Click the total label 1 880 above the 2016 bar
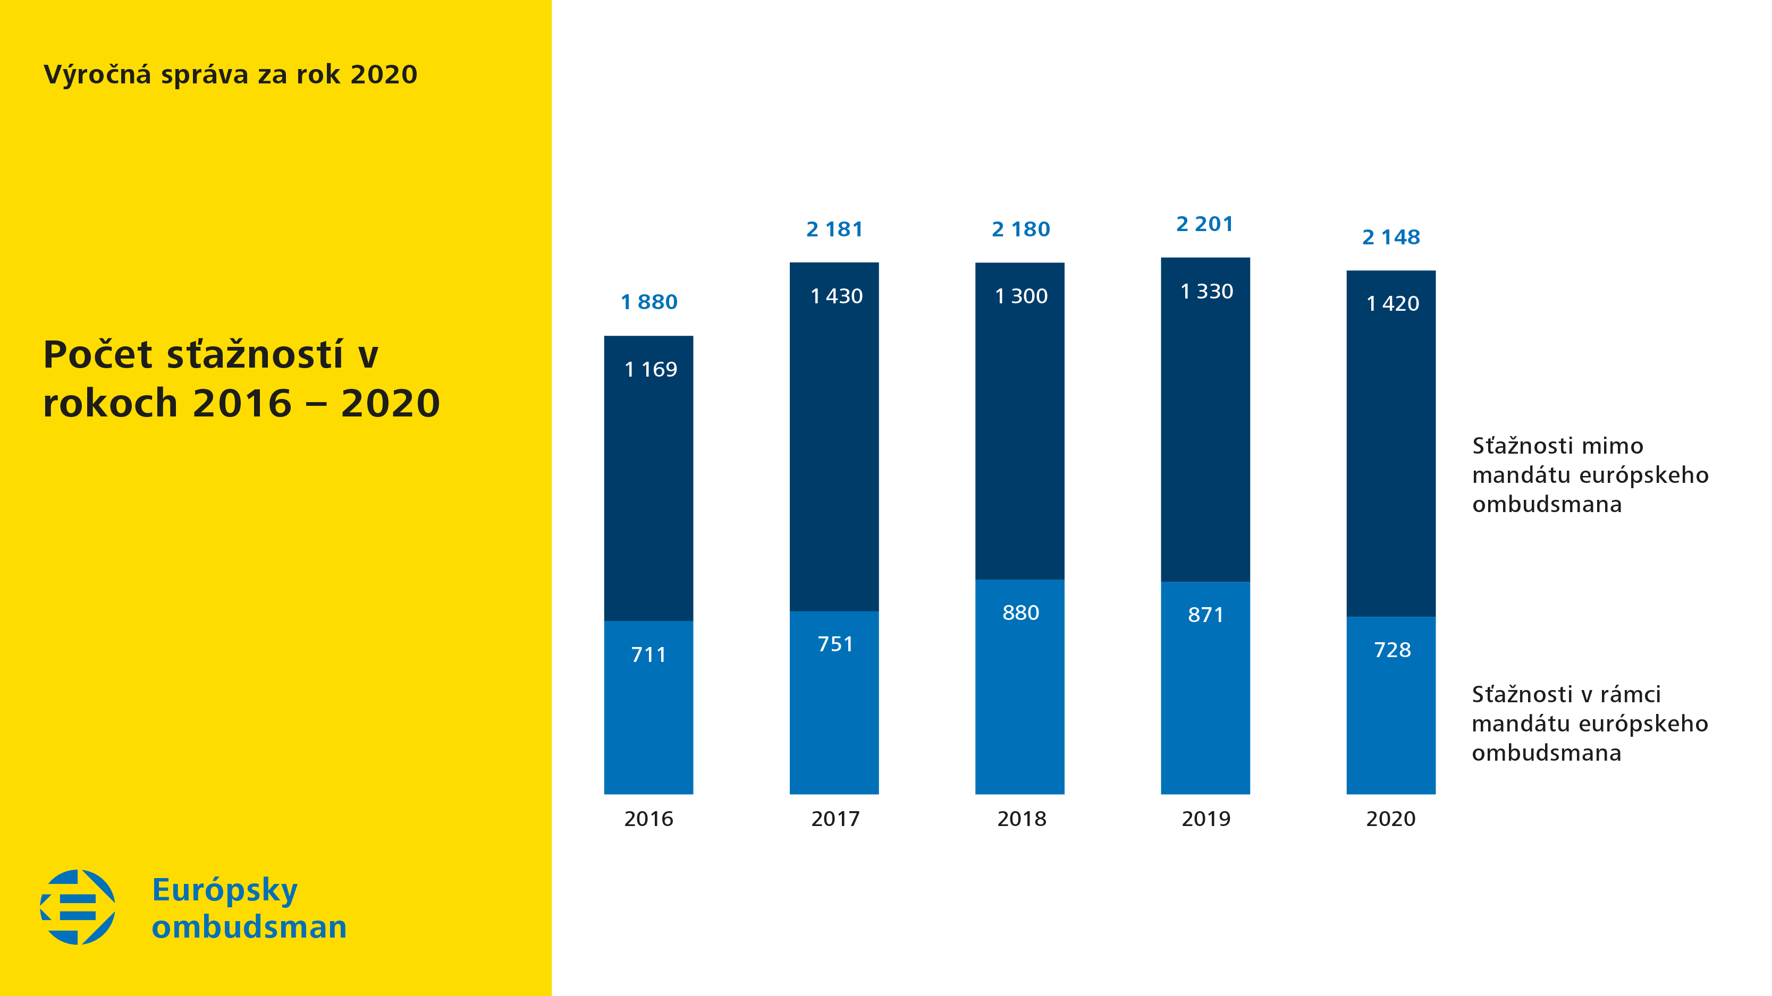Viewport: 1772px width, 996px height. [x=648, y=302]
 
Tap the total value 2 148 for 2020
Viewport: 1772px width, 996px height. [x=1390, y=237]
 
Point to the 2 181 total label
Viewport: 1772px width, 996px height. [x=834, y=229]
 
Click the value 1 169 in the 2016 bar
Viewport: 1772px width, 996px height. [x=650, y=370]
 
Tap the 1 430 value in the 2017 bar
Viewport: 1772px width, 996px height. [x=836, y=296]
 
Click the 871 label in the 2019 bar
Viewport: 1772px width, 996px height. [x=1205, y=615]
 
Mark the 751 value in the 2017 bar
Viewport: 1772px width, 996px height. [x=835, y=644]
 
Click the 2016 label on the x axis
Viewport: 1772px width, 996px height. [x=648, y=819]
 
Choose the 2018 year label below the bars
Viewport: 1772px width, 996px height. [x=1021, y=819]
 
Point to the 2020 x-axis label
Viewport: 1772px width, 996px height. [x=1390, y=819]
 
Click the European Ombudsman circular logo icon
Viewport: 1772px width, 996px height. [x=78, y=907]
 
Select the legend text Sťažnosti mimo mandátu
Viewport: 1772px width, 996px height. [x=1590, y=475]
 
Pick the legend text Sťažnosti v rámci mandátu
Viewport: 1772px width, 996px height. [x=1589, y=724]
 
